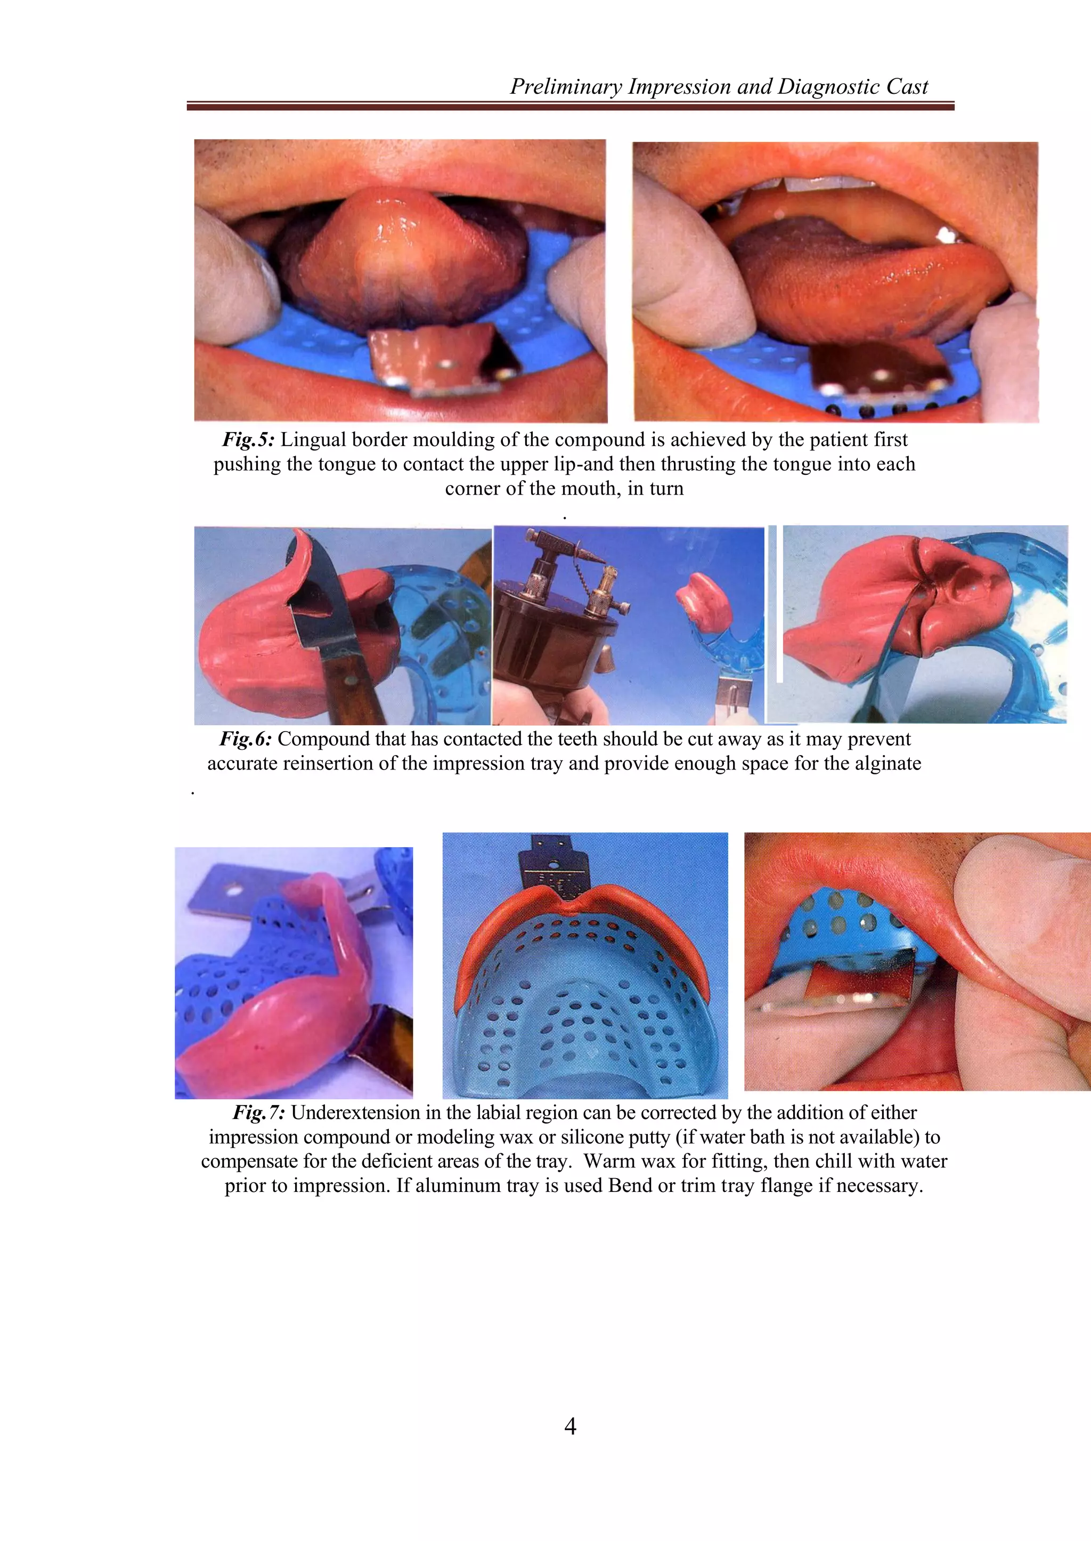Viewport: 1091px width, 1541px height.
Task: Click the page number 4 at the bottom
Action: click(569, 1425)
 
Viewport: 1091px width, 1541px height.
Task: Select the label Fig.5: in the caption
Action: click(249, 440)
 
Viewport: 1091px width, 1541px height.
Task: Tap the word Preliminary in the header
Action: click(566, 87)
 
